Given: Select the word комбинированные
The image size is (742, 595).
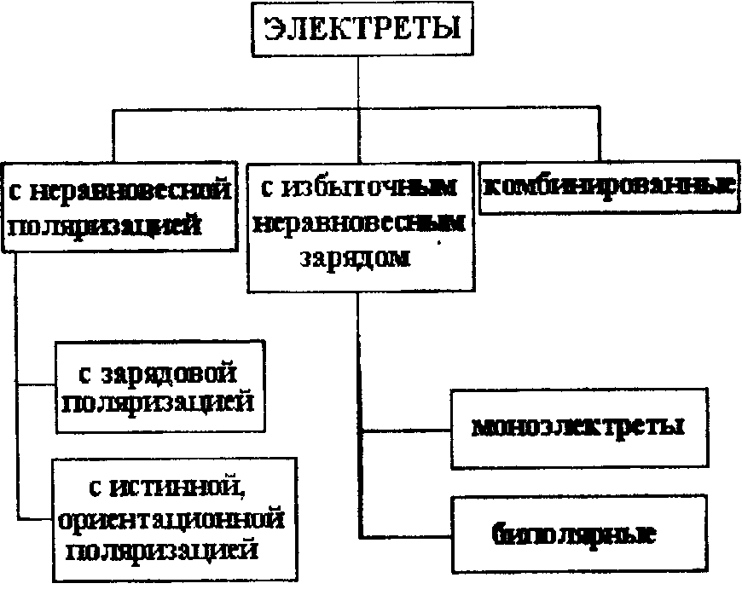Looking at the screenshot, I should pyautogui.click(x=609, y=185).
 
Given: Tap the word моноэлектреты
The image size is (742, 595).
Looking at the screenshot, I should pyautogui.click(x=579, y=426).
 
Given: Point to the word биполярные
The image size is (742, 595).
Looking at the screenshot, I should pyautogui.click(x=573, y=534).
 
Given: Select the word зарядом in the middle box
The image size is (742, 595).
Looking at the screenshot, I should pyautogui.click(x=356, y=257).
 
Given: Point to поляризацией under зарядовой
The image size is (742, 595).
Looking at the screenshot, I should pyautogui.click(x=159, y=401).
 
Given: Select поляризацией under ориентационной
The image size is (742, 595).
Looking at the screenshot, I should pyautogui.click(x=162, y=550).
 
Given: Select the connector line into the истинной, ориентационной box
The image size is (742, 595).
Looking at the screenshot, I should pyautogui.click(x=34, y=517).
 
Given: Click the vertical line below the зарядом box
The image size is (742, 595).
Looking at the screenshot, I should pyautogui.click(x=360, y=358).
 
